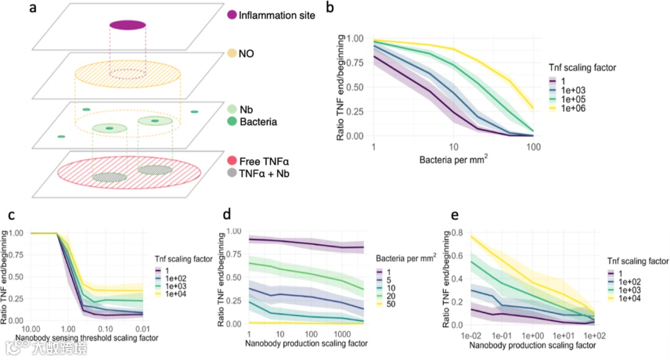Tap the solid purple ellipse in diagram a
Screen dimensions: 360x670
[128, 25]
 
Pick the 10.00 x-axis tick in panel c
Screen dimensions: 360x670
[31, 327]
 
